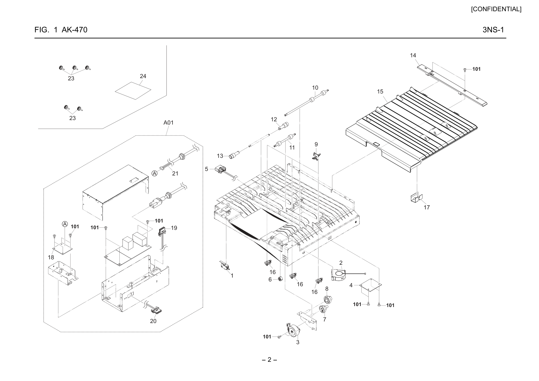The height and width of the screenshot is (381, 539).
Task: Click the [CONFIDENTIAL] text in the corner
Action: (496, 9)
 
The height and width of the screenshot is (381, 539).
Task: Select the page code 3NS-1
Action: (493, 30)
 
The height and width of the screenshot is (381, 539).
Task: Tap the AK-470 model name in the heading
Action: (74, 30)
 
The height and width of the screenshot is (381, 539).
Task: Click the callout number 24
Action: (143, 76)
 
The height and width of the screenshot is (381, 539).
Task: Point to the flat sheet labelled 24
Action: (133, 91)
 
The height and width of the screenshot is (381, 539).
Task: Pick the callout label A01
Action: (168, 123)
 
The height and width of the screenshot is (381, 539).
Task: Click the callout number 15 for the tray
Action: (380, 92)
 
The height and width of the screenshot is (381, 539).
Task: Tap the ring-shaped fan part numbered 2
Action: (339, 275)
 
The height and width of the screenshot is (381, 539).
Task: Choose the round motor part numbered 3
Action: (293, 331)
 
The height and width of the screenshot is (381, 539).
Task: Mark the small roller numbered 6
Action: (279, 279)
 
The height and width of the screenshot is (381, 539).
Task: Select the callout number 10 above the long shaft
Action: (315, 88)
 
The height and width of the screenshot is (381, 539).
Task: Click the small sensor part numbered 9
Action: (316, 156)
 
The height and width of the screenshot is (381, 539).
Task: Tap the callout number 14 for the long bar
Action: (413, 55)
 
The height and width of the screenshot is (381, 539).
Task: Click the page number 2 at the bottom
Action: (269, 360)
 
